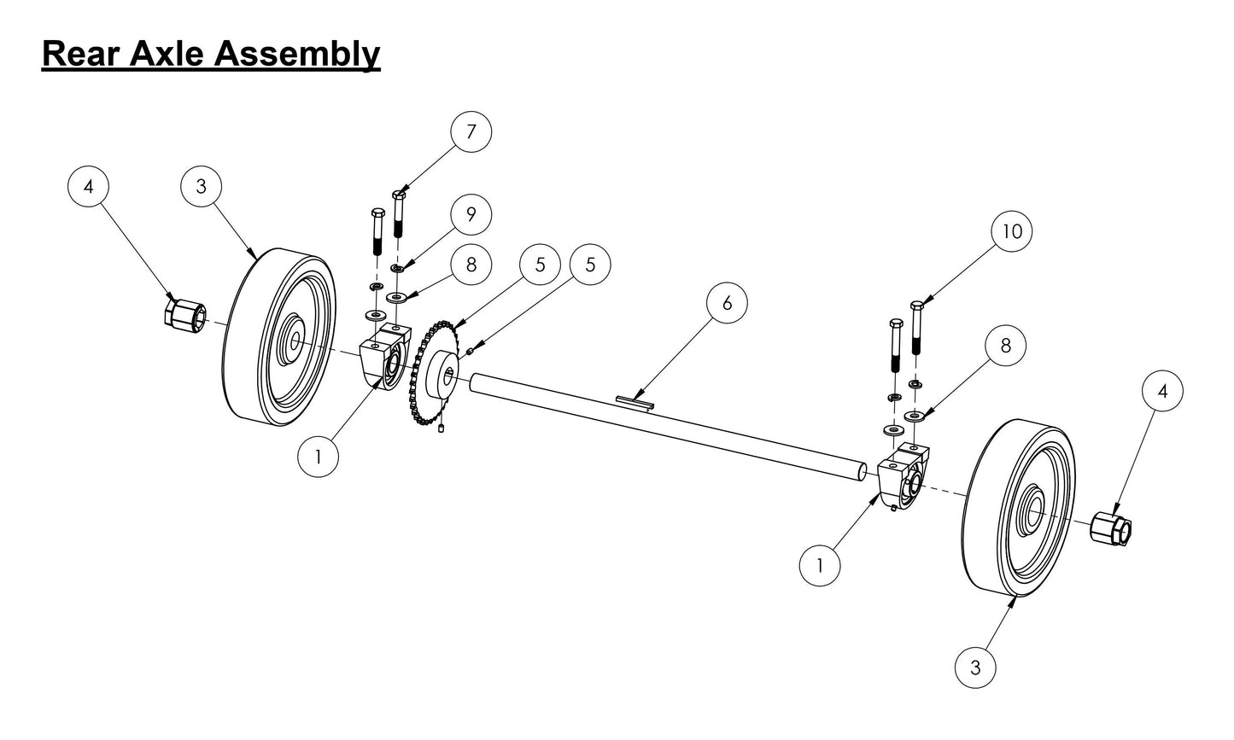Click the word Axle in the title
[x=167, y=53]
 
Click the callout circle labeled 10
[x=1012, y=231]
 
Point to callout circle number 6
[x=727, y=304]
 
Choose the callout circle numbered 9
[x=471, y=215]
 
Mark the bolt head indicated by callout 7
[x=398, y=195]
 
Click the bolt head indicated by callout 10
[x=917, y=306]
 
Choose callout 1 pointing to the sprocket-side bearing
[x=319, y=457]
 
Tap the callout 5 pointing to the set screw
[x=590, y=265]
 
